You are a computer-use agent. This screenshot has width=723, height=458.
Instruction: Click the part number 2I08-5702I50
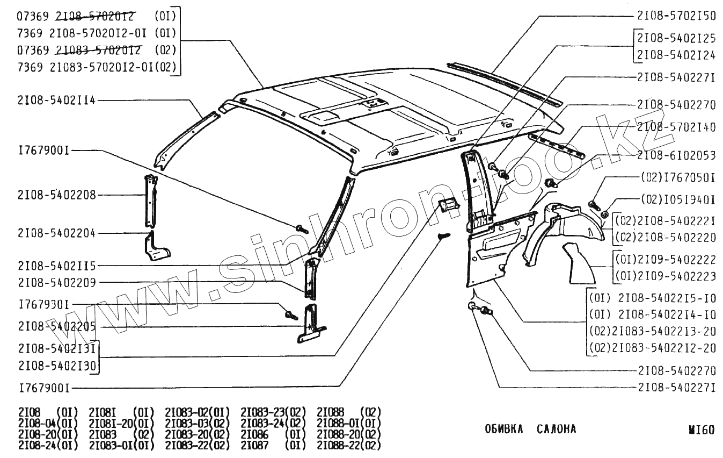pos(676,16)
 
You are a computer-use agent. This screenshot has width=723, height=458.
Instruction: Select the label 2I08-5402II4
pos(56,101)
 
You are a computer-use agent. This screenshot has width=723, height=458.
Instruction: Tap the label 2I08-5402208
pos(56,195)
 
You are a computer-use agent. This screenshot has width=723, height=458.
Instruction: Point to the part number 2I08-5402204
pos(56,233)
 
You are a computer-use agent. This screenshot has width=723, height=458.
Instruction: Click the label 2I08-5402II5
pos(56,266)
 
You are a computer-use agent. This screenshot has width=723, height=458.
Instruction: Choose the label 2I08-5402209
pos(56,282)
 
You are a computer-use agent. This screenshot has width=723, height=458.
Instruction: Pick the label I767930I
pos(43,305)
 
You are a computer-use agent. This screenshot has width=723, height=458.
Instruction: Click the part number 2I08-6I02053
pos(676,156)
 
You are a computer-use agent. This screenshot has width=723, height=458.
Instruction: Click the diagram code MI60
pos(702,430)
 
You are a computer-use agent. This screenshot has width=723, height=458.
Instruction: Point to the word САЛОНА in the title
pos(556,429)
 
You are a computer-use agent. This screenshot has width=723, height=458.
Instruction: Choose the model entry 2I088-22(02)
pos(349,446)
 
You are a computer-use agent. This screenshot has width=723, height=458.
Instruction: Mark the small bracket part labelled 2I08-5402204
pos(157,247)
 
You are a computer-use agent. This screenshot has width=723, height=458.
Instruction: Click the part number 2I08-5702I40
pos(676,127)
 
